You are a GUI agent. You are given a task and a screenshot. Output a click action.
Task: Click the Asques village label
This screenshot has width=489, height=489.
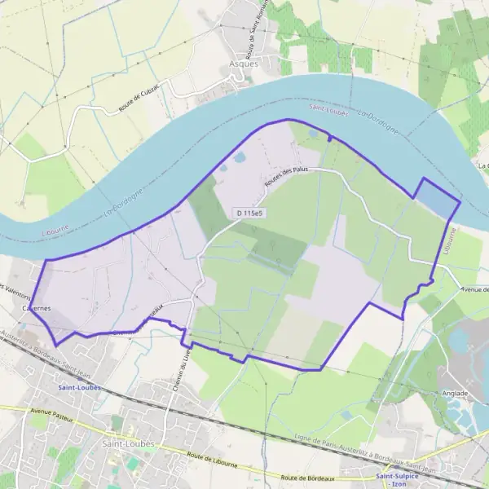point(244,63)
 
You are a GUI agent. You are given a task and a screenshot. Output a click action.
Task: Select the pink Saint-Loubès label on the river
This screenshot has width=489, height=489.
point(328,108)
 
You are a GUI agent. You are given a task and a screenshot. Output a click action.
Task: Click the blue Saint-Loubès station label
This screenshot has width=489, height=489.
point(79,388)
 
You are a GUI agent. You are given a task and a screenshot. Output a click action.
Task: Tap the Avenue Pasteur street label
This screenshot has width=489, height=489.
point(51,414)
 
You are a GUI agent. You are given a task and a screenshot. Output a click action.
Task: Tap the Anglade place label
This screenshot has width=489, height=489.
point(456,393)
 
